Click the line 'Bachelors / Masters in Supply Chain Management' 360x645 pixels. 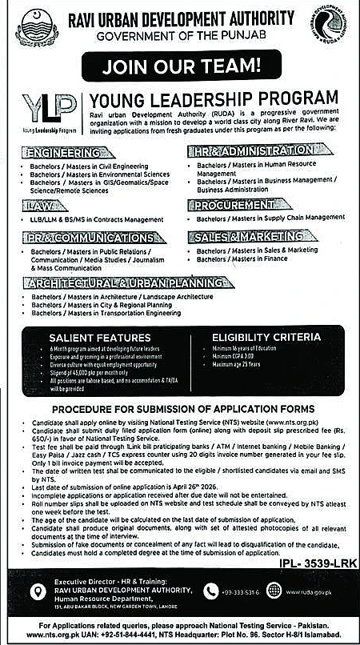point(270,218)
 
